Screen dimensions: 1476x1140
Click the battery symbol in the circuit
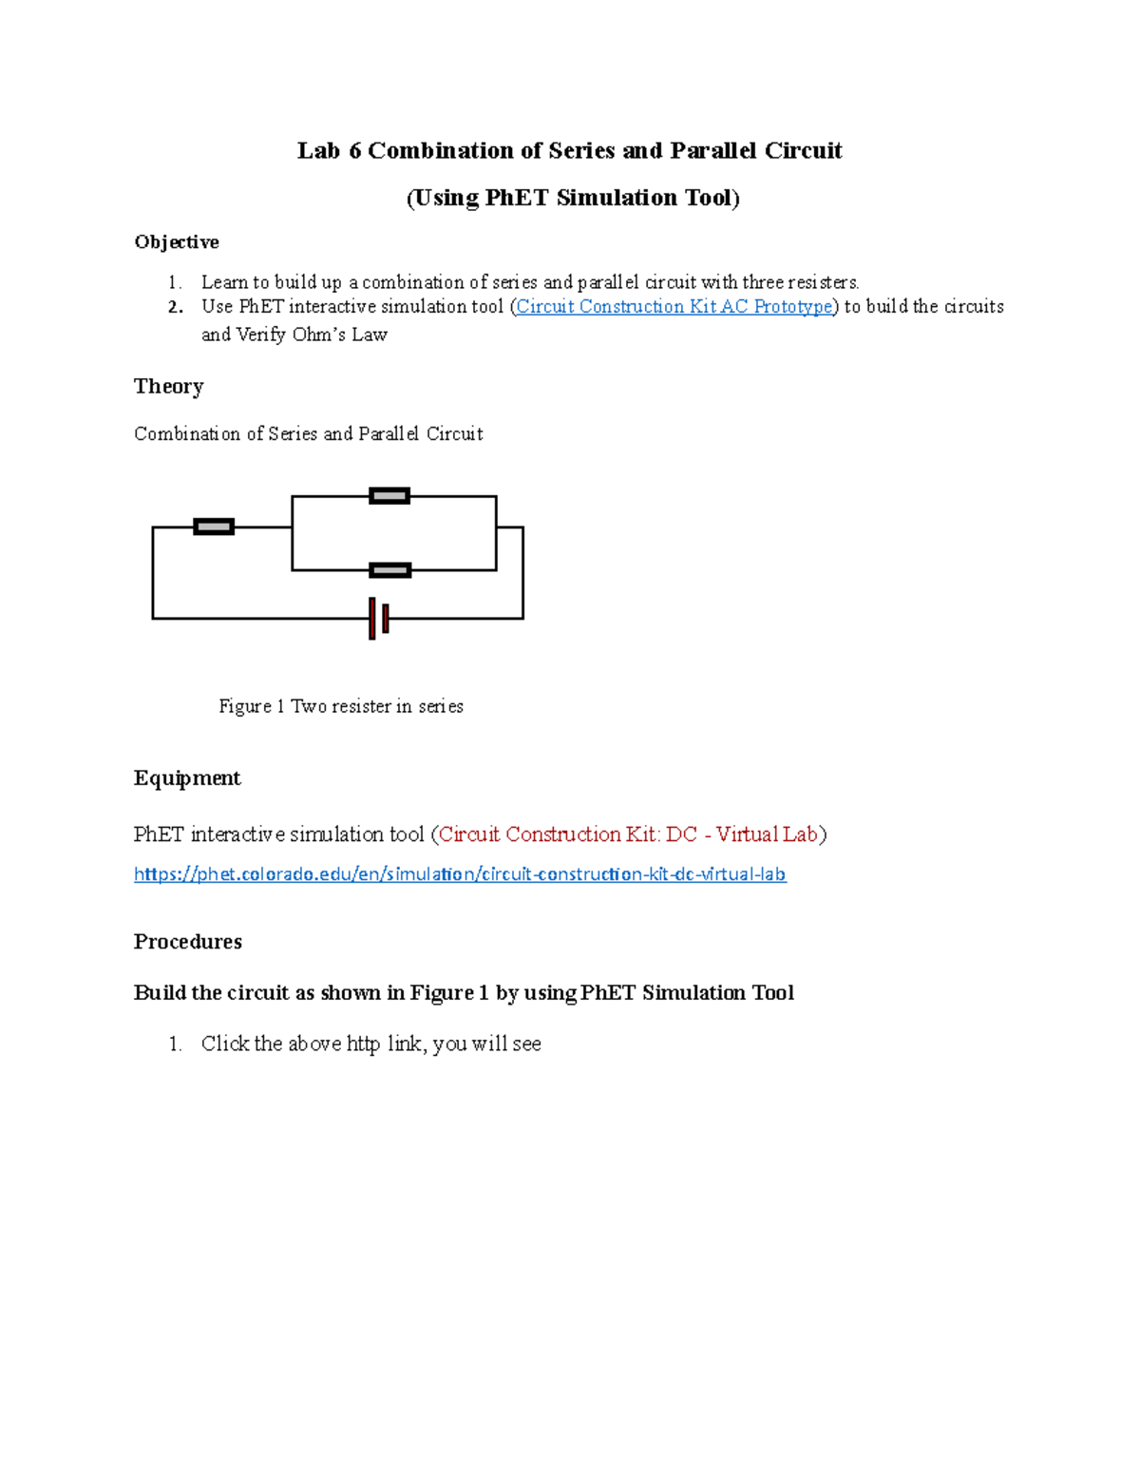[378, 619]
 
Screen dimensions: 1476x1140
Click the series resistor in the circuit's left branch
[214, 527]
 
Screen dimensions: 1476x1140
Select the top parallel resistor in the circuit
[389, 495]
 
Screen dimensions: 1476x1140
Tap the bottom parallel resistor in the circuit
[389, 570]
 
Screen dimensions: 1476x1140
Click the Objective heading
[177, 242]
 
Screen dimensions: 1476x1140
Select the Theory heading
[169, 386]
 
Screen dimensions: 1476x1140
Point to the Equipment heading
[187, 778]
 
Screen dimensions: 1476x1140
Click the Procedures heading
[188, 942]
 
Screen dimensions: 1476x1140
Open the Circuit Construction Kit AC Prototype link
[674, 307]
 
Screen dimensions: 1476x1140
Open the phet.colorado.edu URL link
[460, 874]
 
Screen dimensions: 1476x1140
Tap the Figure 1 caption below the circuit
[341, 706]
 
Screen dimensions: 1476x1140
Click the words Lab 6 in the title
[329, 151]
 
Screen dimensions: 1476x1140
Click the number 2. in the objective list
[175, 307]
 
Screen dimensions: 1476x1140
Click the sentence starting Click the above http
[370, 1044]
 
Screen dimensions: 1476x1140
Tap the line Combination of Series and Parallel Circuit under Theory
[309, 434]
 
